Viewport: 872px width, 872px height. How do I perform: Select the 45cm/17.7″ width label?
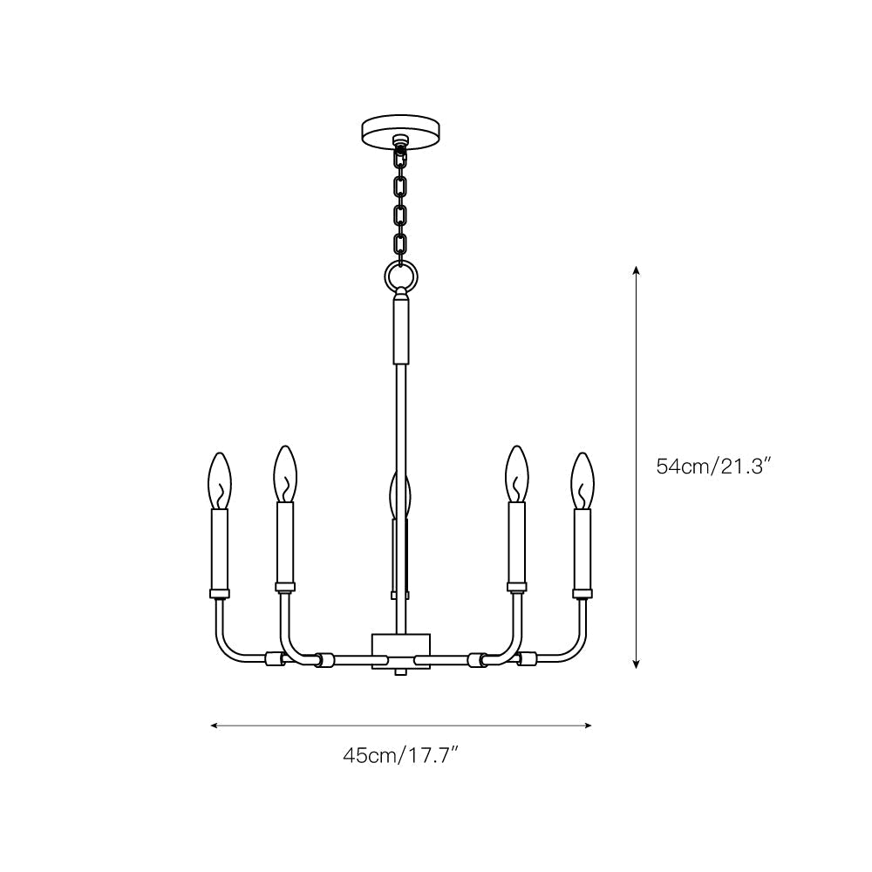(400, 755)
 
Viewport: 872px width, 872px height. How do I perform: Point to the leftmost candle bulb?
(220, 480)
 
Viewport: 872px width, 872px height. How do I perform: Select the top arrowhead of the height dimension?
(637, 271)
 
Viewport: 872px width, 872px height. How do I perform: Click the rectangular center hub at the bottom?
(400, 650)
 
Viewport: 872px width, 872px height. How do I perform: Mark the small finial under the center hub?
(400, 672)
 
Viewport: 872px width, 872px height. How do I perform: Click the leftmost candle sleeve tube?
(220, 549)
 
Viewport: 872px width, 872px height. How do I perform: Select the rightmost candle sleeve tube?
(582, 549)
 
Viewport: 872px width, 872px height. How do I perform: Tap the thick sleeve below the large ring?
(400, 329)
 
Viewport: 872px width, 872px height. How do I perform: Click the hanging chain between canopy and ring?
(400, 205)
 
